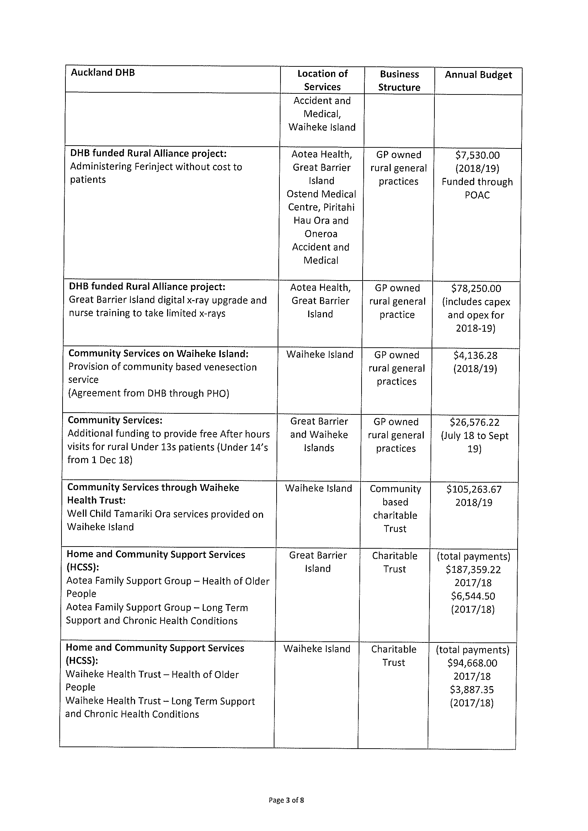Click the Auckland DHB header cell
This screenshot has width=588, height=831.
coord(103,73)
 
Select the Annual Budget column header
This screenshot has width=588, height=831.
coord(478,75)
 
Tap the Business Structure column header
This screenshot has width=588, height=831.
coord(399,81)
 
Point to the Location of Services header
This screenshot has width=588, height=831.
coord(322,80)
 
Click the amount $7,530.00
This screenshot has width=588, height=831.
coord(477,155)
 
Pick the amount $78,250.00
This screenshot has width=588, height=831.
coord(476,288)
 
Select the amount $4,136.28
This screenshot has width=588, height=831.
coord(475,355)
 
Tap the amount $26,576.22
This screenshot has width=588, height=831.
coord(475,422)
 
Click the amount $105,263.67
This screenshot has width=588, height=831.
coord(474,489)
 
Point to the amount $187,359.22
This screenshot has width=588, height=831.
coord(473,570)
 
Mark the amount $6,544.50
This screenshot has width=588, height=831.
coord(473,596)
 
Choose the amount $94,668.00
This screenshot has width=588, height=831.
coord(472,663)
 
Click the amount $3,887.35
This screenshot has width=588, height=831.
coord(472,690)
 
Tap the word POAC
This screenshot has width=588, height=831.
coord(477,195)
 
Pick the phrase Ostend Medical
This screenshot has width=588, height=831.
coord(321,194)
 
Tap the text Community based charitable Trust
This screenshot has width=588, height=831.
coord(395,509)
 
